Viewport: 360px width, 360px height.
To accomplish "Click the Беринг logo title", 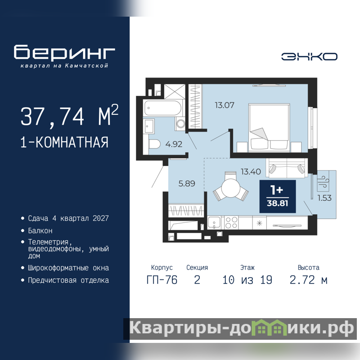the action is click(x=64, y=52).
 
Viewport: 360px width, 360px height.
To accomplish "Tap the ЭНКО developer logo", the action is click(x=309, y=57).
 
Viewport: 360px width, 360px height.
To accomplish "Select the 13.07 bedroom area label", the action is click(x=225, y=105).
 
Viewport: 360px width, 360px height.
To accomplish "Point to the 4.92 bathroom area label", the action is click(x=174, y=144).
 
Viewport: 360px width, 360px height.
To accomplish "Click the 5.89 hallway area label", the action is click(x=187, y=184).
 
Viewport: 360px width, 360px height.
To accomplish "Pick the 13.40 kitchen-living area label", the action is click(x=251, y=171).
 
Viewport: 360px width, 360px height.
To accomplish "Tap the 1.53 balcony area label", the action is click(x=324, y=198).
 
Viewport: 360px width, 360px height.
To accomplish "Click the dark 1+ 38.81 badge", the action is click(x=278, y=197).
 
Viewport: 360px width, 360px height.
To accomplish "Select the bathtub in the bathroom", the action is click(x=162, y=108).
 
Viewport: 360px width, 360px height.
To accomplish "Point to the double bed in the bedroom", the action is click(x=269, y=128).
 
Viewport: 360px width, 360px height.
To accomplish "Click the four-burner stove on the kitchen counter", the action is click(x=231, y=222).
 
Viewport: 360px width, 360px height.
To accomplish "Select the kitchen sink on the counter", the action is click(x=214, y=222).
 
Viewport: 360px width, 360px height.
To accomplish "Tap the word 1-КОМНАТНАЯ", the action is click(x=64, y=142).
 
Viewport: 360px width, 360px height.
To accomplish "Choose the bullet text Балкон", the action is click(x=40, y=230).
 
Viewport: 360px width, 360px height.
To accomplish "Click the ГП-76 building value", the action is click(x=162, y=280).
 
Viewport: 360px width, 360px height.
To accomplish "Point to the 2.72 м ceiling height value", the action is click(x=308, y=280).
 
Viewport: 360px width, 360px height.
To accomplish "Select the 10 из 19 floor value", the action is click(x=247, y=280).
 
